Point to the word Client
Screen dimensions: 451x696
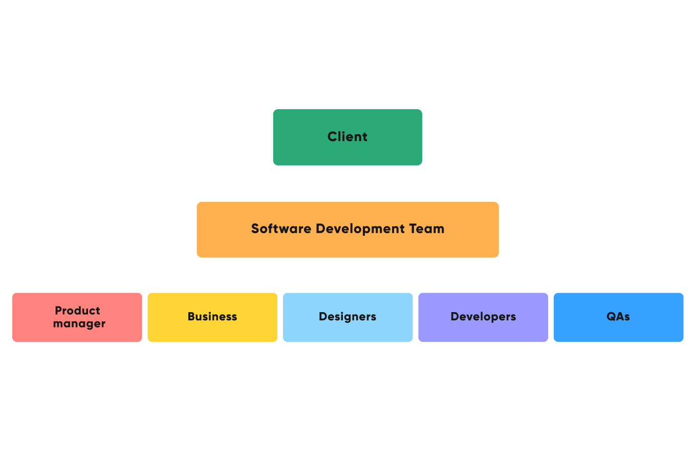[347, 137]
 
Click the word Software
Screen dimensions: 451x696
[281, 229]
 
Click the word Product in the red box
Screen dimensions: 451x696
[78, 311]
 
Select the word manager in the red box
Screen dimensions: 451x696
[79, 324]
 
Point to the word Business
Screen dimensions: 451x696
[212, 317]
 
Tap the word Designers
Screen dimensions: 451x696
[347, 317]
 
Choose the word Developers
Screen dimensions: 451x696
[483, 317]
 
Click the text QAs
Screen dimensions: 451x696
[618, 317]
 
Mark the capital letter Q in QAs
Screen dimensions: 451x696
[612, 317]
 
